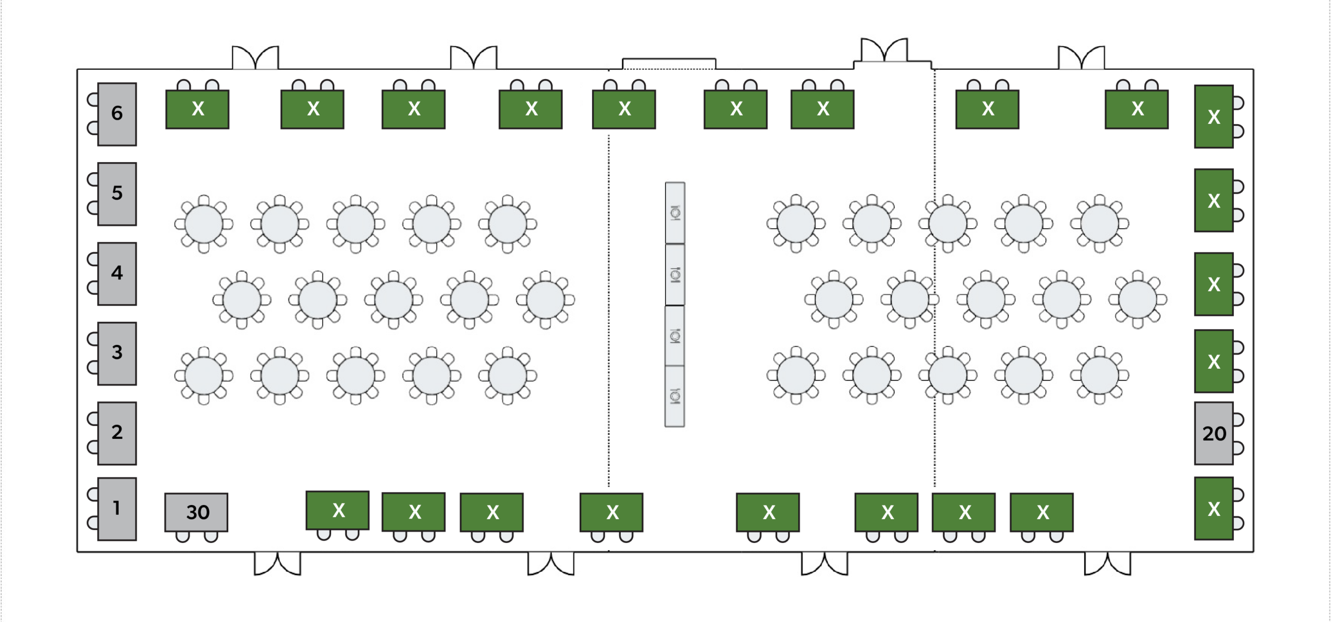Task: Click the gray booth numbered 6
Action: tap(117, 114)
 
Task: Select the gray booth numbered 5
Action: tap(117, 194)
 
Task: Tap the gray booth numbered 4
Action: tap(117, 274)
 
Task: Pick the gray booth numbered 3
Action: tap(117, 354)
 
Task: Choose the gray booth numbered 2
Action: tap(117, 433)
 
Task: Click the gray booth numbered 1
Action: tap(117, 509)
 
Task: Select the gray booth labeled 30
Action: tap(197, 512)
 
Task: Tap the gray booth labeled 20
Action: tap(1214, 433)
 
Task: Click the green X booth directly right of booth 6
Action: tap(198, 109)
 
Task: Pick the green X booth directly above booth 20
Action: tap(1214, 361)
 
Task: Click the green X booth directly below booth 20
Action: tap(1214, 509)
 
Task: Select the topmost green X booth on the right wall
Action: tap(1214, 116)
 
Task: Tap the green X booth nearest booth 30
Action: tap(337, 510)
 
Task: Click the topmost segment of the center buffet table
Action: tap(675, 213)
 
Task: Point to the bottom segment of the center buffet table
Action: tap(675, 396)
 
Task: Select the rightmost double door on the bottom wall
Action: tap(1107, 564)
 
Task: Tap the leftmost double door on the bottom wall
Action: tap(278, 564)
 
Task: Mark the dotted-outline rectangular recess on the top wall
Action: tap(669, 63)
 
